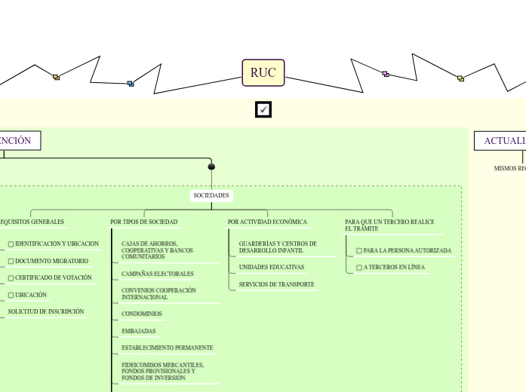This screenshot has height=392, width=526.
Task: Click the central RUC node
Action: (263, 73)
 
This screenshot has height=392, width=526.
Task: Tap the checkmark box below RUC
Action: (263, 110)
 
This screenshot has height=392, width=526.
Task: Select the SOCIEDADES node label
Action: (211, 196)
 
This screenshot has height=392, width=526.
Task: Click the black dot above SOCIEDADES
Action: (211, 167)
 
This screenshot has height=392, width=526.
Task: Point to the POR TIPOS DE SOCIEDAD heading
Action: (144, 222)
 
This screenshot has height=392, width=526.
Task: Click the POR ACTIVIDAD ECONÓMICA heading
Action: (267, 222)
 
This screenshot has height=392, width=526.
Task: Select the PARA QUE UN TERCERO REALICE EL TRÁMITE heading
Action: (389, 225)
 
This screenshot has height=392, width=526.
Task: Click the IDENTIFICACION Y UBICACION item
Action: (57, 244)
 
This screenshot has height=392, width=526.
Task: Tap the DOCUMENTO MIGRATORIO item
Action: (51, 262)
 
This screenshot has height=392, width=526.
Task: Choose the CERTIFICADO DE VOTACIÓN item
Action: (54, 278)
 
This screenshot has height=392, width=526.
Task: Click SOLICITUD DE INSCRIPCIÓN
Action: (46, 311)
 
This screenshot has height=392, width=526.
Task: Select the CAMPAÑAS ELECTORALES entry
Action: (158, 274)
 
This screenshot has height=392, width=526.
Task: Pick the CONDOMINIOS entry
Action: (142, 314)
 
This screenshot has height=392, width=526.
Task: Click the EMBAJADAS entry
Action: (139, 332)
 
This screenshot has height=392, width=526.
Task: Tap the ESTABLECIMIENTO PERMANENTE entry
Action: (168, 348)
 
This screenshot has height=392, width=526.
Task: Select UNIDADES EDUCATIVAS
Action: (272, 268)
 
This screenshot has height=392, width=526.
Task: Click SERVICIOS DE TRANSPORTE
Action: (276, 285)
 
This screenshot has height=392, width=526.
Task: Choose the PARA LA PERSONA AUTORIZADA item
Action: (407, 250)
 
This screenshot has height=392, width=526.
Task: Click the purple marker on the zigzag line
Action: (385, 74)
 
